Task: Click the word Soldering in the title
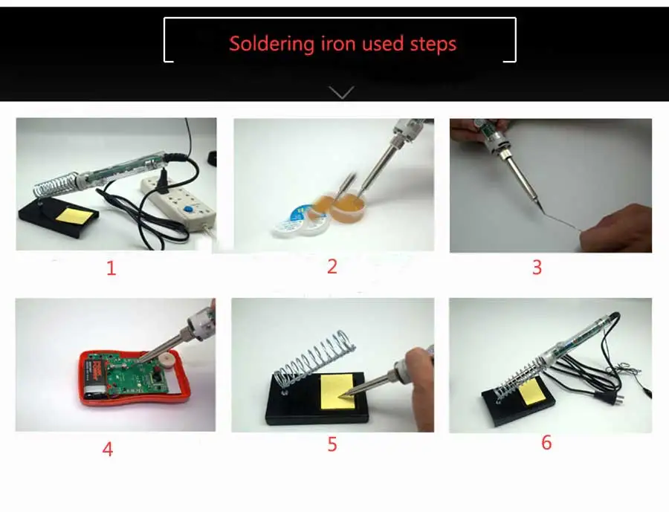tap(271, 44)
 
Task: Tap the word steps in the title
tap(433, 45)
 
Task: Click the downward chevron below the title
tap(341, 92)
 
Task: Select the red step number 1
tap(111, 268)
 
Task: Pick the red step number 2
tap(332, 266)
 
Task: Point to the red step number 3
tap(537, 267)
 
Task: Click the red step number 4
tap(108, 449)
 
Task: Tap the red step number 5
tap(332, 444)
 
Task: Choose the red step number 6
tap(546, 442)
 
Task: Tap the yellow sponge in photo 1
tap(78, 216)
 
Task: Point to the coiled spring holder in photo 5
tap(314, 357)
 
